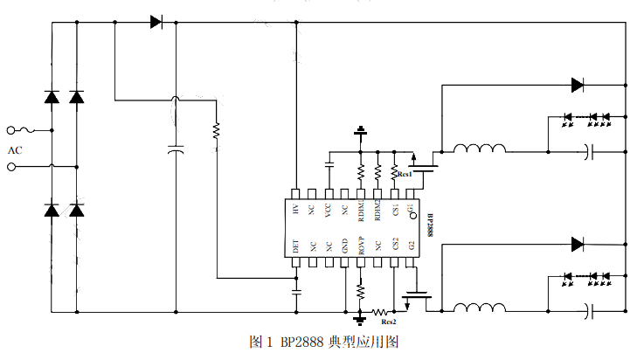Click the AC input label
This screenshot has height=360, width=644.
click(x=15, y=150)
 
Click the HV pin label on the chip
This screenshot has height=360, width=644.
click(x=296, y=211)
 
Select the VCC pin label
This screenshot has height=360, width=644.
click(x=329, y=211)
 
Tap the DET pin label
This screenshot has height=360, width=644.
click(x=296, y=247)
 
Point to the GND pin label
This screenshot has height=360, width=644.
click(x=345, y=247)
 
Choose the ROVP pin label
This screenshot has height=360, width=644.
click(x=361, y=246)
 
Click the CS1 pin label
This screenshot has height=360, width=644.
click(x=394, y=211)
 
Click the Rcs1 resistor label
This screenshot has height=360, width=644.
click(x=405, y=175)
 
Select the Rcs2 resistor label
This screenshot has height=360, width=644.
click(x=389, y=321)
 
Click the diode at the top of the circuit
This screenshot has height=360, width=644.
click(x=156, y=22)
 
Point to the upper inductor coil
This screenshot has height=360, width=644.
click(x=479, y=149)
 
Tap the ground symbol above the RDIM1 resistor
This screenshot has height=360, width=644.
click(x=360, y=132)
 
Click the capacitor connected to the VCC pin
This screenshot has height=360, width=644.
click(x=329, y=163)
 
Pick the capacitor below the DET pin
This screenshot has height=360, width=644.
click(x=296, y=288)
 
